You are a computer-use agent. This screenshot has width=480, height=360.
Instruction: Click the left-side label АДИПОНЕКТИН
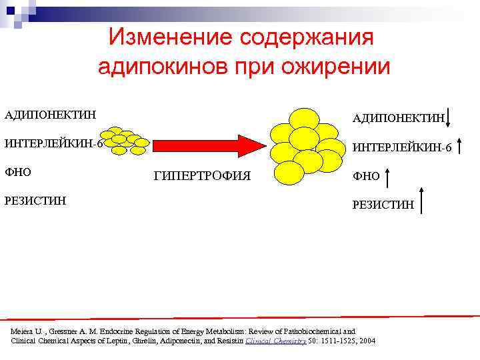[x=50, y=115]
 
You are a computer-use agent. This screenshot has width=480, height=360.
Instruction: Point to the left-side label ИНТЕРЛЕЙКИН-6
[x=53, y=143]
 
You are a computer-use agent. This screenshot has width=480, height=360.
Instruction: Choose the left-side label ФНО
[x=18, y=171]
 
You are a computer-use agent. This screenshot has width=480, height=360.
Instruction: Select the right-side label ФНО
[x=366, y=176]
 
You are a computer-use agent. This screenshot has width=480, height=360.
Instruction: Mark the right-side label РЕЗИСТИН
[x=383, y=204]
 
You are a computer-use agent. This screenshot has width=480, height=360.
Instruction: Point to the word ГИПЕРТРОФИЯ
[x=202, y=176]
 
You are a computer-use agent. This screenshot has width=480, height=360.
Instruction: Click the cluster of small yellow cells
[x=126, y=140]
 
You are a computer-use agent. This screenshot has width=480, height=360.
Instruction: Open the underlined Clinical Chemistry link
[x=276, y=341]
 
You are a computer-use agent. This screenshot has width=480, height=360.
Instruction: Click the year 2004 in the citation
[x=367, y=341]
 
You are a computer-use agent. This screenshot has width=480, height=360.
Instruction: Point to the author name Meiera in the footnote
[x=23, y=331]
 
